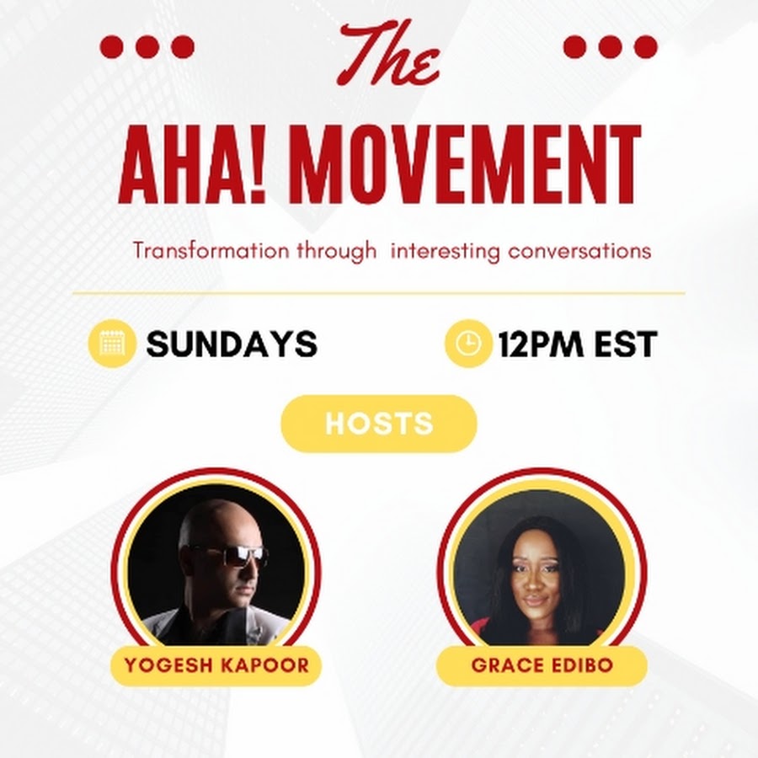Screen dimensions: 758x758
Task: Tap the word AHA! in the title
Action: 192,164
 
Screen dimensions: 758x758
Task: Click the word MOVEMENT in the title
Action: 466,164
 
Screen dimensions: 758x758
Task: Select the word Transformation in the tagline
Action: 211,251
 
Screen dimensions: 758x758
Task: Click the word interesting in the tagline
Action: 445,252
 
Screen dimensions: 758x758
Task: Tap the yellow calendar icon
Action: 112,344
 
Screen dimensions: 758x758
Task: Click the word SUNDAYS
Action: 232,344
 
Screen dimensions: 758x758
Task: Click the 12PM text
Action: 541,344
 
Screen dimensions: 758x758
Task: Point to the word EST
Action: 626,344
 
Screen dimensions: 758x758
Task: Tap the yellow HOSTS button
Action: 379,424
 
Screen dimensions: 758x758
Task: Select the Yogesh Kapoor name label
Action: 216,665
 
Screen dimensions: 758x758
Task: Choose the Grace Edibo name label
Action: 542,665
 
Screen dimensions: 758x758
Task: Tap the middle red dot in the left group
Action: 147,47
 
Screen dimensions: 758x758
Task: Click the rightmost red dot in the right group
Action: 645,47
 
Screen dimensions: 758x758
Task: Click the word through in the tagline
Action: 336,252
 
